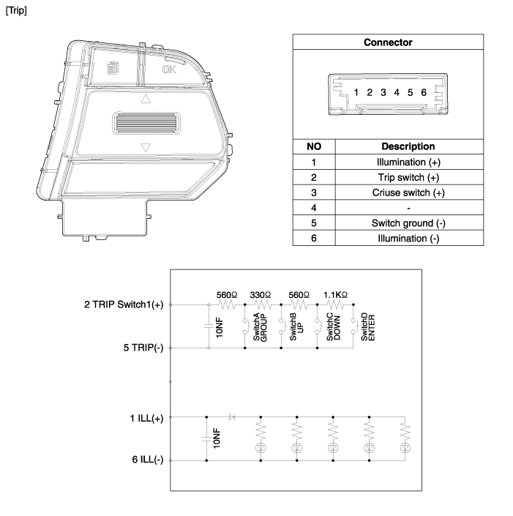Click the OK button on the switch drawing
click(169, 70)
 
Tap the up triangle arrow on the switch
click(146, 99)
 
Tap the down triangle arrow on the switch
click(146, 147)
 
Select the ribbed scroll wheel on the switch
click(146, 124)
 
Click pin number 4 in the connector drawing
click(397, 92)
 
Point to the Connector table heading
click(388, 42)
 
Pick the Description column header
click(408, 146)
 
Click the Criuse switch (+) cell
click(408, 192)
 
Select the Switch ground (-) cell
click(408, 223)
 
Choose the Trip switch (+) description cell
click(408, 177)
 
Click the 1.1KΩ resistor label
click(335, 295)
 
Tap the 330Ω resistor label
click(261, 295)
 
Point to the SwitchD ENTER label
click(368, 326)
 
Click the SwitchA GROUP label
click(260, 327)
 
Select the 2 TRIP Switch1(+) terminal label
click(124, 304)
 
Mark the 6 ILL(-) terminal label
click(148, 460)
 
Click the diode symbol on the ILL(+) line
click(232, 417)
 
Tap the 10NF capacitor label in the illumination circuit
click(216, 438)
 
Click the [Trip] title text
click(16, 10)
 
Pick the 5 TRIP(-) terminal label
click(143, 348)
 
